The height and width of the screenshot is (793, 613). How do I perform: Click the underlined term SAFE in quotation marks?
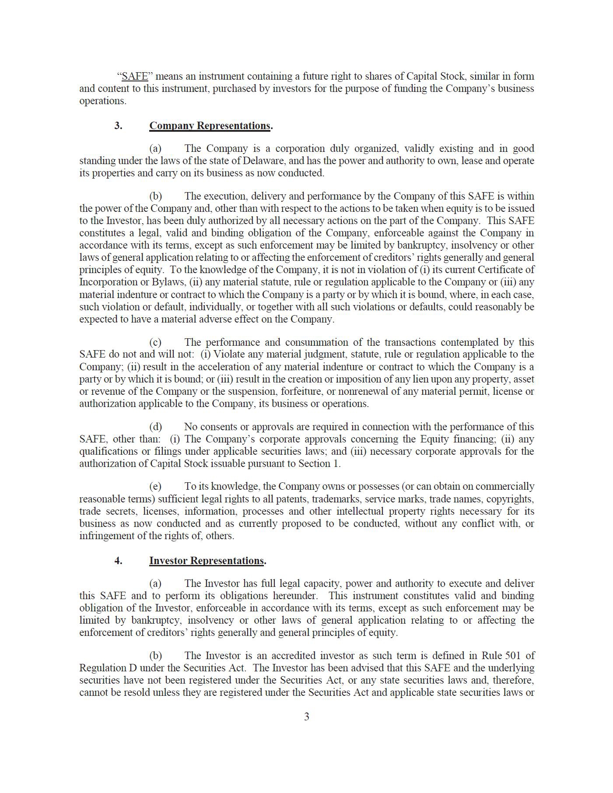pyautogui.click(x=135, y=76)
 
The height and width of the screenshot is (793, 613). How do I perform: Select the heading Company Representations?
pyautogui.click(x=210, y=126)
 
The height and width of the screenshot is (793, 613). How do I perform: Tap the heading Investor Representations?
pyautogui.click(x=207, y=561)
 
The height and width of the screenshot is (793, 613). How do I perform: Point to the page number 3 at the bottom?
pyautogui.click(x=307, y=716)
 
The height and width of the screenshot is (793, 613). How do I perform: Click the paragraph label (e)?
pyautogui.click(x=155, y=486)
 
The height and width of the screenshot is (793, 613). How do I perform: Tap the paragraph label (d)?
pyautogui.click(x=155, y=427)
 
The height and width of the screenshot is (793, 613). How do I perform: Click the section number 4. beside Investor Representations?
pyautogui.click(x=119, y=561)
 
